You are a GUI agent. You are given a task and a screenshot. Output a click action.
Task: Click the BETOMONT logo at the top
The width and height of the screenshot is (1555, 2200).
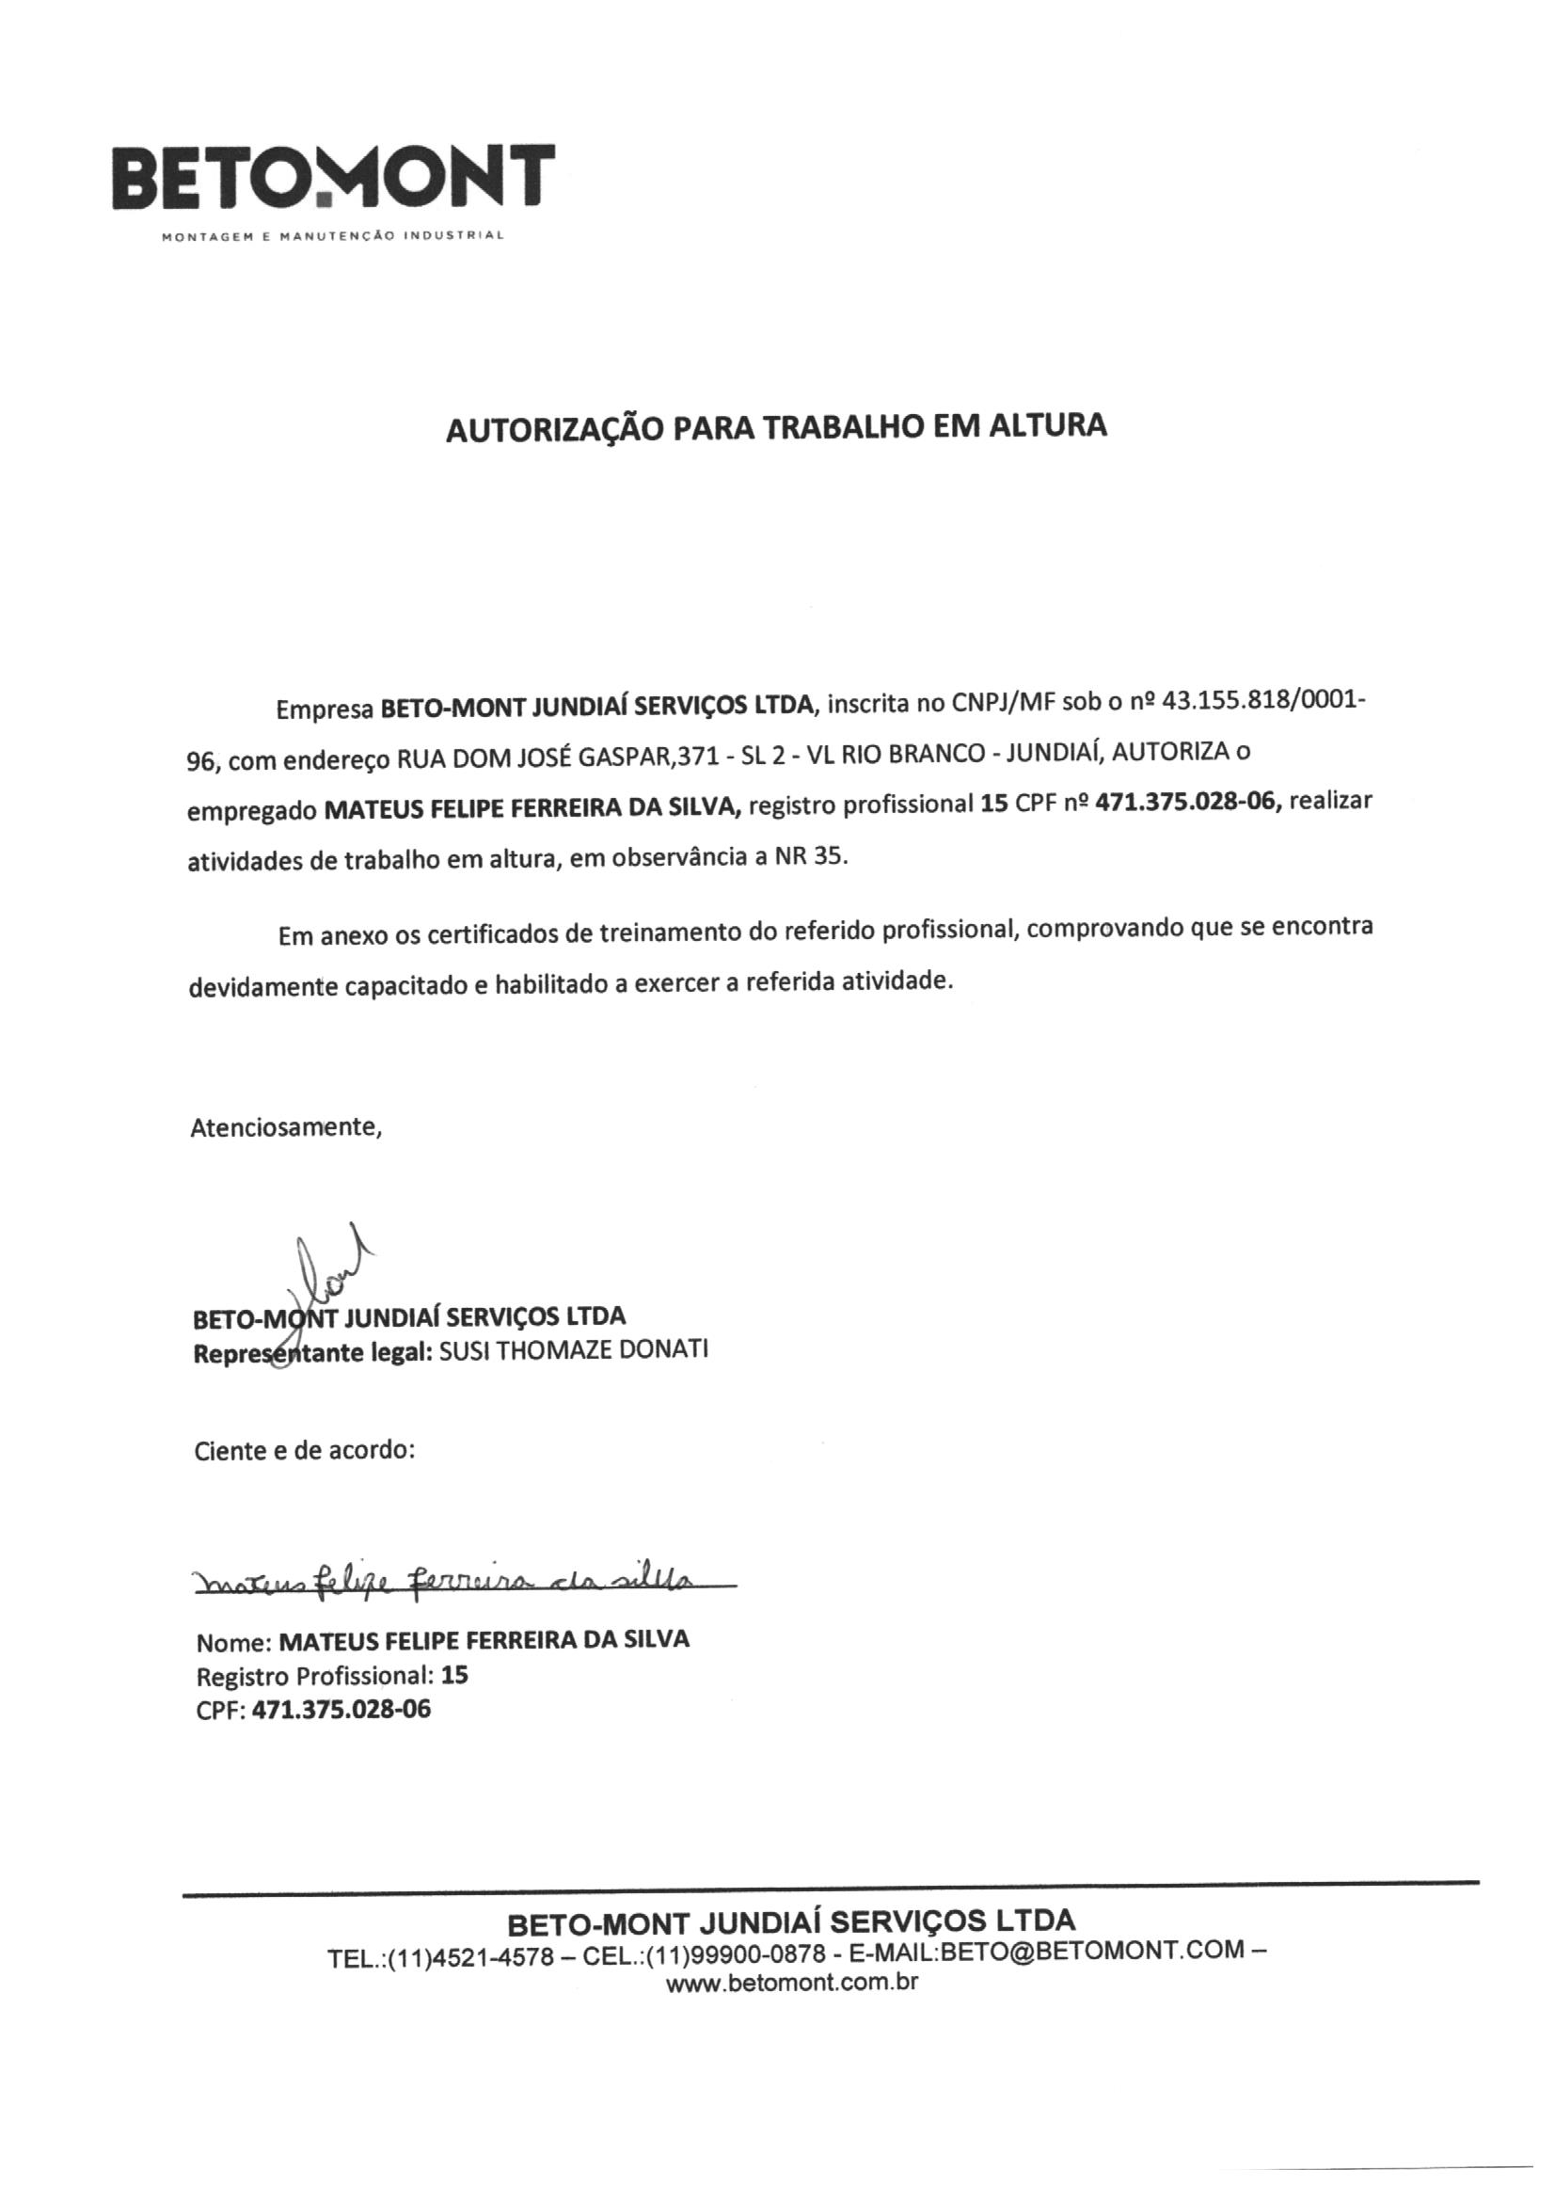(x=332, y=177)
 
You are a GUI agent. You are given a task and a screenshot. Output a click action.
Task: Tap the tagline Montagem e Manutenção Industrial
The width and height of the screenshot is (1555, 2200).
(x=332, y=237)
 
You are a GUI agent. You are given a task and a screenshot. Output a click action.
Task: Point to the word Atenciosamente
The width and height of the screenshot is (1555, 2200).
(x=286, y=1127)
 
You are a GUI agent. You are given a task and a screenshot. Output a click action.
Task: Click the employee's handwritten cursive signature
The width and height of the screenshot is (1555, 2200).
(x=451, y=1580)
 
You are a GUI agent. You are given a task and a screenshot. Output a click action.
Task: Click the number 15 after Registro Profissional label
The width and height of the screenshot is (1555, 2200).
(x=455, y=1675)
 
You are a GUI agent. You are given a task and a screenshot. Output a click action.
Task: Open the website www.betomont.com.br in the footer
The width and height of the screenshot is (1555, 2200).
(x=791, y=1983)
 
